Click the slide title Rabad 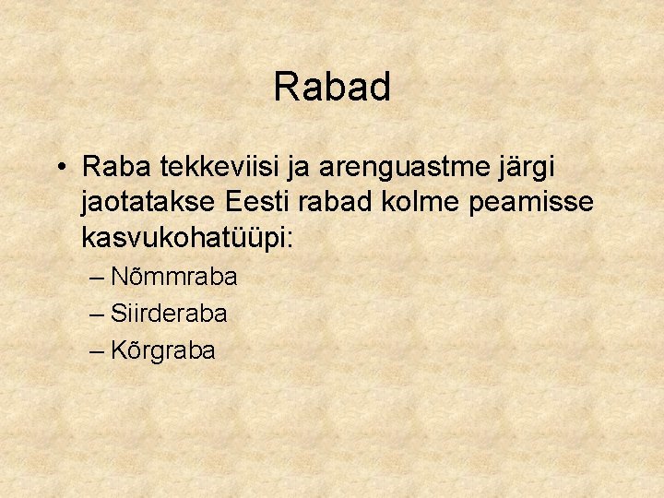[x=332, y=88]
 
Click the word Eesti [x=261, y=202]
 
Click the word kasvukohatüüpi [x=184, y=238]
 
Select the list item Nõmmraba [x=173, y=277]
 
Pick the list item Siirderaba [x=169, y=314]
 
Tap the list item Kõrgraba [x=163, y=350]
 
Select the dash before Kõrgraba [x=98, y=351]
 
